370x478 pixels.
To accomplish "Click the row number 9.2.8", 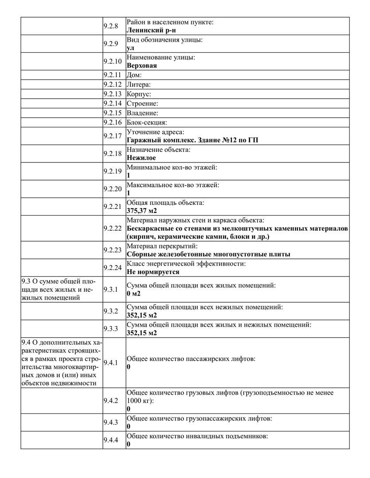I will [x=110, y=26].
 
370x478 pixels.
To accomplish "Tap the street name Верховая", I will [x=142, y=65].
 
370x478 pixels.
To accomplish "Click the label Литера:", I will [x=139, y=84].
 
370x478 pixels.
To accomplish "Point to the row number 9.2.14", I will [x=112, y=104].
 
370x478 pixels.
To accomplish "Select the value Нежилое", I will [x=141, y=158].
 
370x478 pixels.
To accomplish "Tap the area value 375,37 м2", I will [x=142, y=210].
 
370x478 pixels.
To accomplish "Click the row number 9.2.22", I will [x=112, y=228].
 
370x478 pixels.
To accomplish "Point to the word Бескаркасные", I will [x=149, y=228].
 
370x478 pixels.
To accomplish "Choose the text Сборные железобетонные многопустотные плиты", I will [x=208, y=254].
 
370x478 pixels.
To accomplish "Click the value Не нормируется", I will [x=153, y=272].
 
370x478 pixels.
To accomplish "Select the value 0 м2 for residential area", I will [x=134, y=293].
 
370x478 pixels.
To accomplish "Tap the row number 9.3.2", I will [x=110, y=311].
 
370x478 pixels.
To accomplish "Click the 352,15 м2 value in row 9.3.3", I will [x=142, y=333].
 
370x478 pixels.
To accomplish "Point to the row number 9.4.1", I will [x=110, y=363].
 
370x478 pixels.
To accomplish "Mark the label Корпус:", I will [x=139, y=94].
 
